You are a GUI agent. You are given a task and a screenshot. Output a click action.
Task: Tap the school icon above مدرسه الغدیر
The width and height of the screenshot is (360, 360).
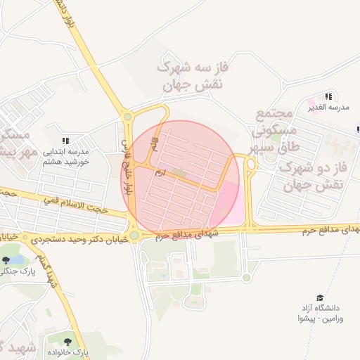[x=328, y=96]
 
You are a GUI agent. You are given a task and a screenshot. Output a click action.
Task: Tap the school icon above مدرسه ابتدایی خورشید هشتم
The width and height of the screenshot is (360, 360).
[x=65, y=141]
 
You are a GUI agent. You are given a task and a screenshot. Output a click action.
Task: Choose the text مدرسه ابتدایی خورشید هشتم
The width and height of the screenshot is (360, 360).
[x=66, y=156]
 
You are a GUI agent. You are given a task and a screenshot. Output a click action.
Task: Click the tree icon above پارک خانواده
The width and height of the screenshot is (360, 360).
[x=67, y=342]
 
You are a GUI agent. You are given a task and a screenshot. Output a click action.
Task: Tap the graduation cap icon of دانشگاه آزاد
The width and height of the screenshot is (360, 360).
[x=321, y=297]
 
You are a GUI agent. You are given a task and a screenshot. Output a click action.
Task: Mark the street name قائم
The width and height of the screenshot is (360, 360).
[x=154, y=146]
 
